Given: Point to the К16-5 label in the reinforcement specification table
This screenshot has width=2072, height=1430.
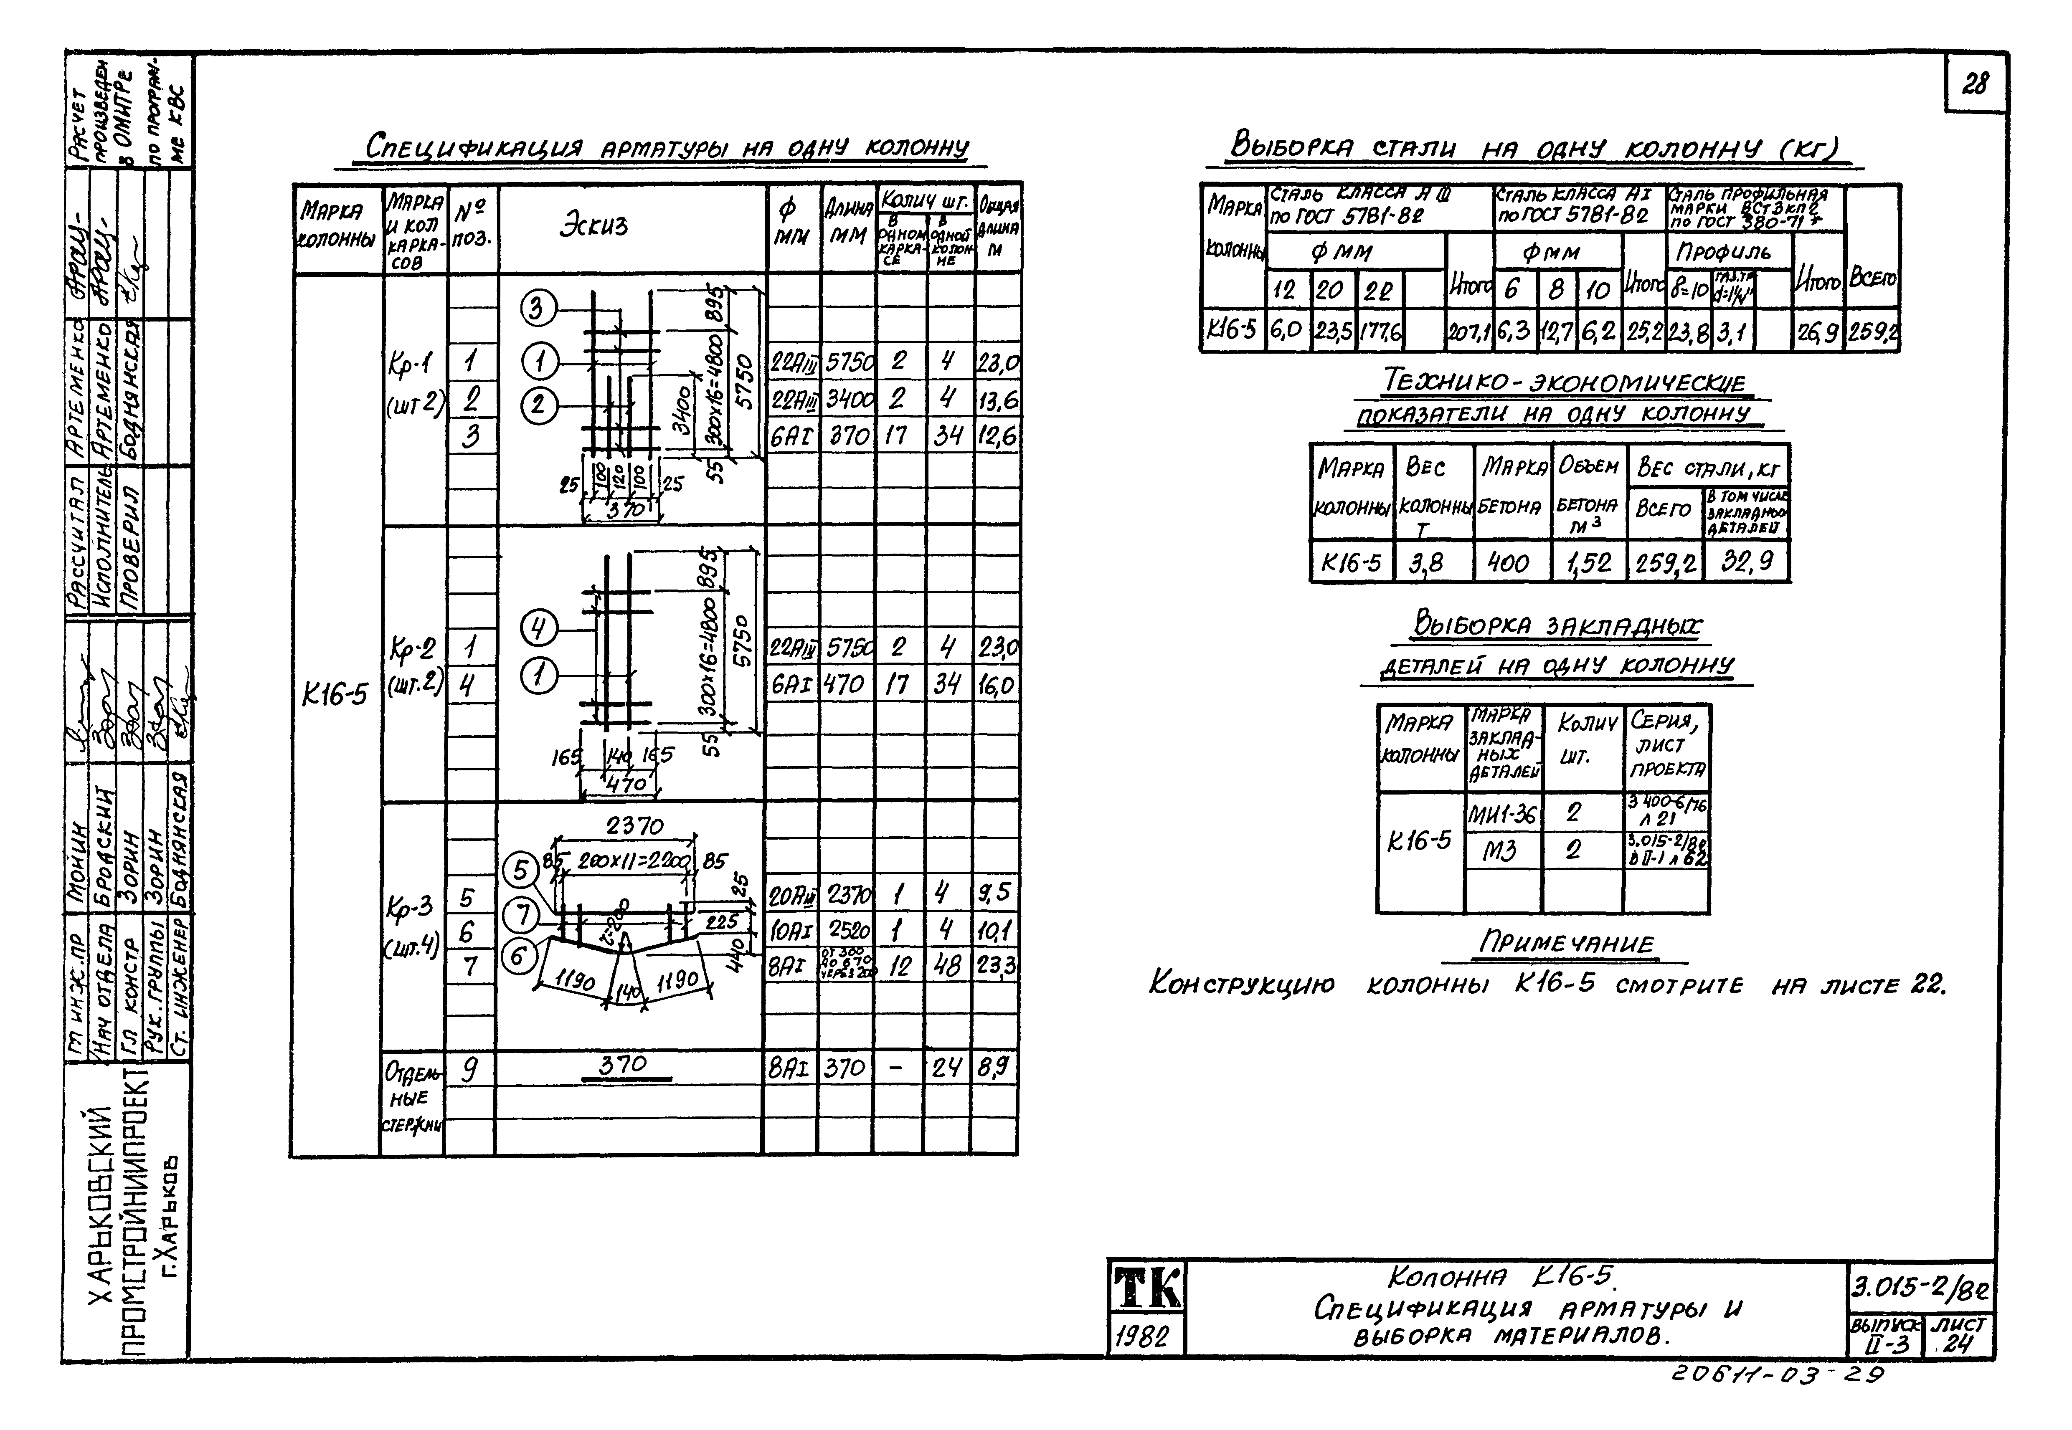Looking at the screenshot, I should [x=334, y=694].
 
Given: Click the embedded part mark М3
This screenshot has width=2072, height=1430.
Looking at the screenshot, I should [x=1499, y=849].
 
